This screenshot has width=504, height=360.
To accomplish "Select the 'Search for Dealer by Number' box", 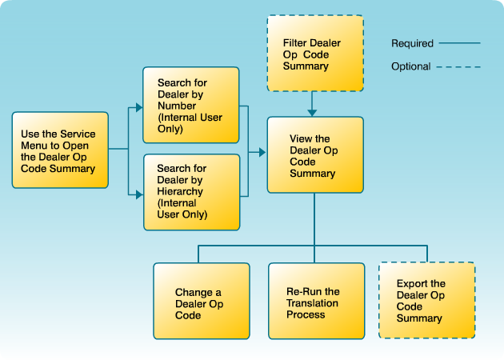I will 190,105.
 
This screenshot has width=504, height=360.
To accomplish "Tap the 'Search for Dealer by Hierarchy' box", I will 190,192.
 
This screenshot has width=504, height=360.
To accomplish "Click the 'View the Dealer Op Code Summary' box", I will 314,155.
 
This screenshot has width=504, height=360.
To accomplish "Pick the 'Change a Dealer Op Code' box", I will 200,303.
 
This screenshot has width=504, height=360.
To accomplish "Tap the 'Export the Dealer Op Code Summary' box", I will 426,301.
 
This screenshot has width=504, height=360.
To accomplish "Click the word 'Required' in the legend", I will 412,43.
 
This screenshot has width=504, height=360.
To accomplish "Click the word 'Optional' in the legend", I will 411,66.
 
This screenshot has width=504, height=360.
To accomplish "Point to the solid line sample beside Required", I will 460,43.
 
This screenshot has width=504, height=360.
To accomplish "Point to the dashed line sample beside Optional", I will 460,66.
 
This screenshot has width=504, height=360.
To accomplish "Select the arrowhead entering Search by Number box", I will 138,105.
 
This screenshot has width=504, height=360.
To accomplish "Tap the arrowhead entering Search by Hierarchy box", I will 138,192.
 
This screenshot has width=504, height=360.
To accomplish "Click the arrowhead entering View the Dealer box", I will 262,150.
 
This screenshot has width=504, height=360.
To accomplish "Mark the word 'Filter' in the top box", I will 295,42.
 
